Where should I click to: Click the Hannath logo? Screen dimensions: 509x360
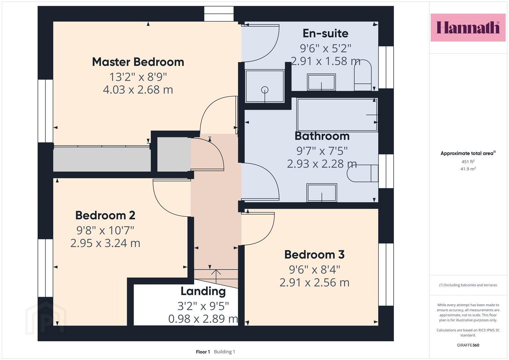click(x=468, y=27)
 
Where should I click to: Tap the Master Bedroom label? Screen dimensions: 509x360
click(x=138, y=62)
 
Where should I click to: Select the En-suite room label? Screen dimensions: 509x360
click(x=325, y=33)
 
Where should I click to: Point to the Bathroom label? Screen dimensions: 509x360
click(x=322, y=136)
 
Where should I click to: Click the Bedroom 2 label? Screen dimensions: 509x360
click(x=105, y=215)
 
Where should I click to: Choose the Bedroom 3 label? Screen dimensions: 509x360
click(x=314, y=255)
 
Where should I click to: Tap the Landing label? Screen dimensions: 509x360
click(x=203, y=291)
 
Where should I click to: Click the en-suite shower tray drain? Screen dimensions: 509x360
click(x=265, y=90)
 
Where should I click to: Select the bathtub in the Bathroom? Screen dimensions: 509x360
click(x=337, y=115)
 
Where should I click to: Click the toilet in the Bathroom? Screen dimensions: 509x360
click(x=362, y=173)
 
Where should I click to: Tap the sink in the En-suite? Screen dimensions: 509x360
click(x=321, y=82)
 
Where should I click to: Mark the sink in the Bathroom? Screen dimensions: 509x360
click(x=322, y=193)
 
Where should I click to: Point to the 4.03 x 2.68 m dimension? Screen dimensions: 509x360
click(x=138, y=90)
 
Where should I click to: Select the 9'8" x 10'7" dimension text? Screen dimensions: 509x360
click(x=105, y=230)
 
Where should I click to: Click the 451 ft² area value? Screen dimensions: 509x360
click(x=468, y=162)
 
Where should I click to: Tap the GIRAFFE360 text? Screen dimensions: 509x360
click(x=468, y=345)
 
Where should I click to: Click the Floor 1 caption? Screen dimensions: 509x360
click(x=203, y=352)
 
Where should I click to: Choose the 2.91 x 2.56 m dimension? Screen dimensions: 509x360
click(x=314, y=283)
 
